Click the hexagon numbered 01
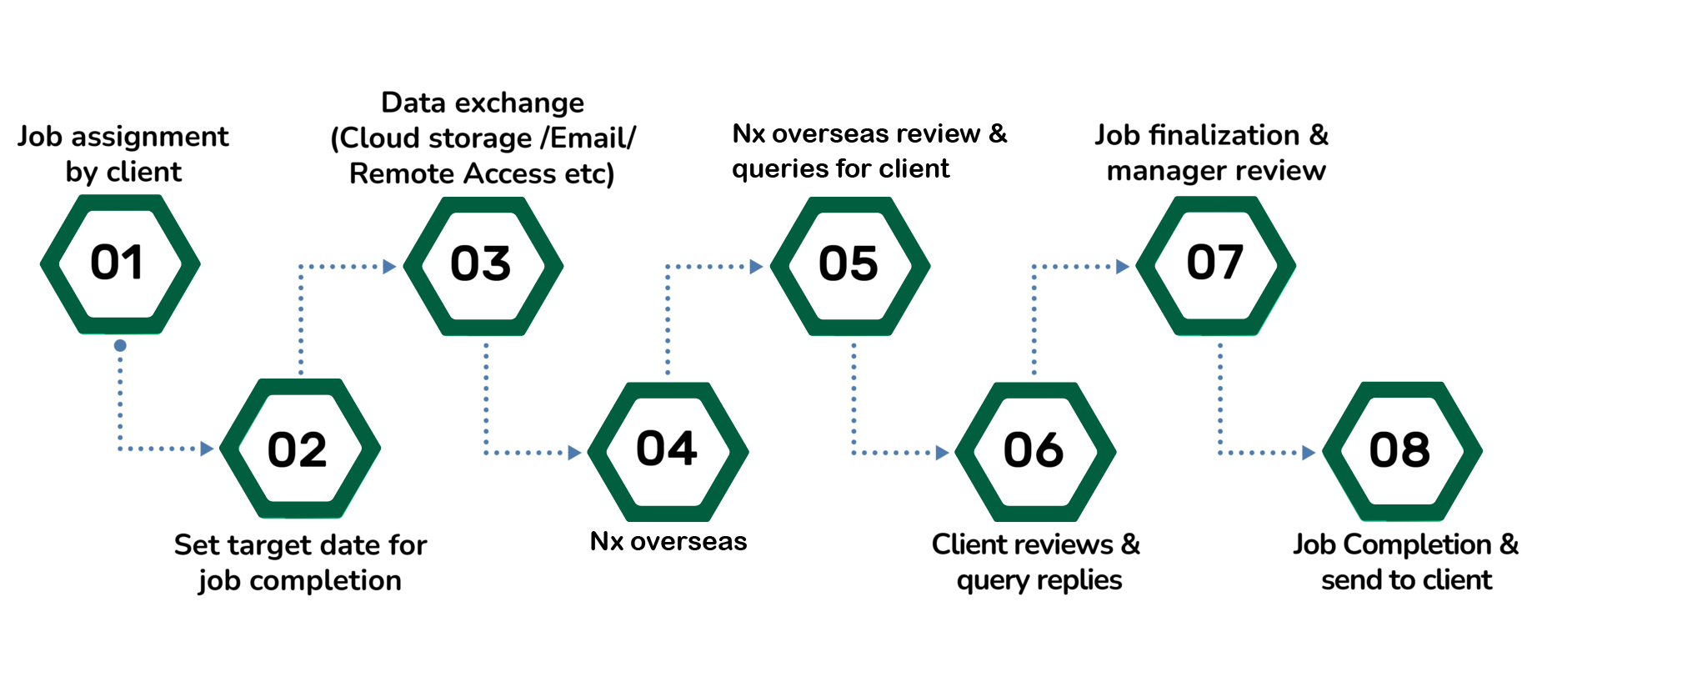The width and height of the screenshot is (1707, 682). [120, 264]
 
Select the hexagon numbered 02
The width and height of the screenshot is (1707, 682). [300, 449]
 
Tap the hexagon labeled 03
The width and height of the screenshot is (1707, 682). [483, 266]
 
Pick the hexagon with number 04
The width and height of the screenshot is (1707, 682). [668, 451]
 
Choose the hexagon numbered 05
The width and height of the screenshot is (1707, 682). [850, 266]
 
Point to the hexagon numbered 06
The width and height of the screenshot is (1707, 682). [1035, 451]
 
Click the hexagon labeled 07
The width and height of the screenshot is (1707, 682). [1216, 265]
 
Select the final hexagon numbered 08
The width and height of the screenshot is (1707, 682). [1402, 451]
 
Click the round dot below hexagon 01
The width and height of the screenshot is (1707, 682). [120, 345]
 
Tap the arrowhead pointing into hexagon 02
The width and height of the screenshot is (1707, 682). [208, 449]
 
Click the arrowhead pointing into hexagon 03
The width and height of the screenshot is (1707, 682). [388, 267]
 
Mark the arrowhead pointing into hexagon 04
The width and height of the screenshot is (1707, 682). [574, 453]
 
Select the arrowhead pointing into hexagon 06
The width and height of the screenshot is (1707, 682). [942, 453]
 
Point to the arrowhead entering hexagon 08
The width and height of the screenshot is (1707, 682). [1309, 453]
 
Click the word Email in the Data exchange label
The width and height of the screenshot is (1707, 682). [588, 138]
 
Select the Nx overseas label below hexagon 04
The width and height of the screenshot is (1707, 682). [668, 542]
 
